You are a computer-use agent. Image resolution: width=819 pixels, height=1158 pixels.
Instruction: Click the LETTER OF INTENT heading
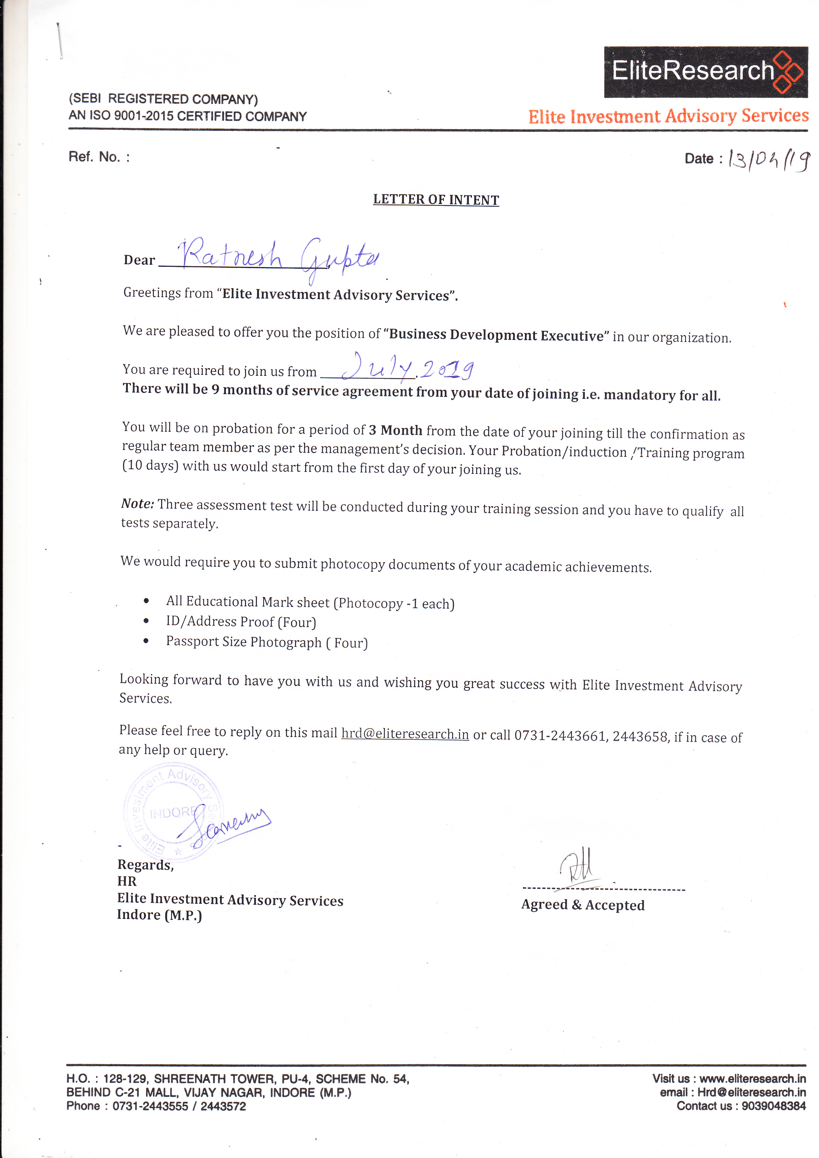point(436,200)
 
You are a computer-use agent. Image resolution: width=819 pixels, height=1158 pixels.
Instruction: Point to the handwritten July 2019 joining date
point(408,368)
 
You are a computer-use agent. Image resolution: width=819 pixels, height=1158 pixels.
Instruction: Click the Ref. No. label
point(99,157)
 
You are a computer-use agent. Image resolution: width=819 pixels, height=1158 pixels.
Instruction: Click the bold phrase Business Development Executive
point(496,335)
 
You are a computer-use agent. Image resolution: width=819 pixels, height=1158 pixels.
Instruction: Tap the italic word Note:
point(137,503)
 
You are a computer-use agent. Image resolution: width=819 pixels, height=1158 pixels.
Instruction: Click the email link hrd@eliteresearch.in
point(405,734)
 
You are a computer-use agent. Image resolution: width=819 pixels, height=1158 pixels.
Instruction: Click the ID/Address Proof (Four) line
point(241,622)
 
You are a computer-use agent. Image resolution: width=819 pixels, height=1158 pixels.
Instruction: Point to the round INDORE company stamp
point(173,811)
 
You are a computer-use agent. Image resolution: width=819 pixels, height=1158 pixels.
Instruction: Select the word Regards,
point(145,865)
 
